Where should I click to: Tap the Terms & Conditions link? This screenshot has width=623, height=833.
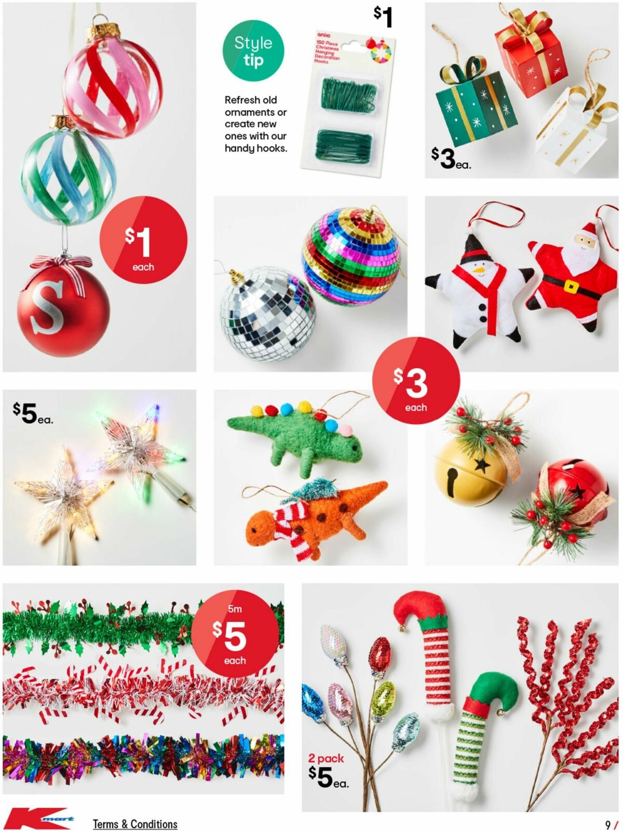coord(135,824)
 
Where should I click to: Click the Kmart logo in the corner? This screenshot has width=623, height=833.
coord(39,819)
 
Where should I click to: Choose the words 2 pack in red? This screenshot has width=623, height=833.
coord(326,759)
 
